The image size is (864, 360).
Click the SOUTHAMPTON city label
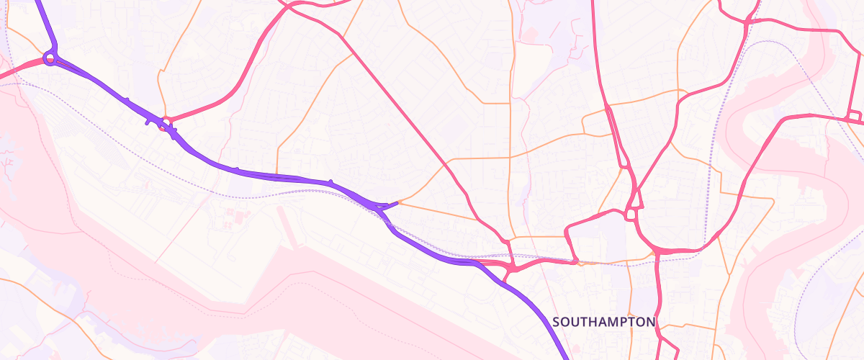point(604,322)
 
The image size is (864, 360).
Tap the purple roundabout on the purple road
point(50,58)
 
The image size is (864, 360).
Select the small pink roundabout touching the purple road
point(166,122)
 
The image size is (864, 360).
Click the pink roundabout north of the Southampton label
point(631,214)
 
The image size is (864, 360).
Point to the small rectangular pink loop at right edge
point(855,117)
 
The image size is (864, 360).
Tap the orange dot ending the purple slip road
point(397,203)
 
